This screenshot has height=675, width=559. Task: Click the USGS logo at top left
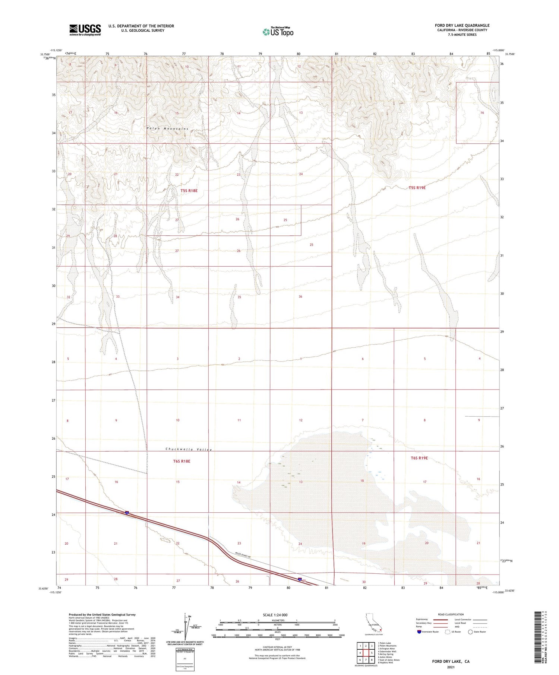85,30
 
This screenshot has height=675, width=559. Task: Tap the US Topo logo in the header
278,32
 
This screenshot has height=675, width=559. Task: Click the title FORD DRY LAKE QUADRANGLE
462,25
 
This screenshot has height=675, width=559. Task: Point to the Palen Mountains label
167,128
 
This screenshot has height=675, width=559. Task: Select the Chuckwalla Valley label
189,449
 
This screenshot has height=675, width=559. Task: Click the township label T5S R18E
189,191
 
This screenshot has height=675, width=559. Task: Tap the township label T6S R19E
419,458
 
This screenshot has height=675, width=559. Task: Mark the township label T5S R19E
417,188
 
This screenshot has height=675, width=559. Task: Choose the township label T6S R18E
181,461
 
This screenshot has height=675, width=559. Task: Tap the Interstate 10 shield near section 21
127,513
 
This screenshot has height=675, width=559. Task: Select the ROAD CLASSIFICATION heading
451,614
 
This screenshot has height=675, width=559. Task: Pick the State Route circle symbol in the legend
470,631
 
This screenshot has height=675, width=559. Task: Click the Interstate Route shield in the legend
419,631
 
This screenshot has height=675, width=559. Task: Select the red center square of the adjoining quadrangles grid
366,653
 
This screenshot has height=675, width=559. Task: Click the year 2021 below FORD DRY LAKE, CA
451,667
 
